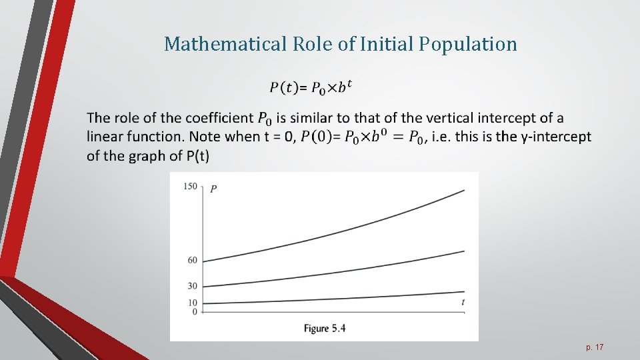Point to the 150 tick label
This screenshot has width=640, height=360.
(x=190, y=186)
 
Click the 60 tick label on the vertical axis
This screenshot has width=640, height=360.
(x=192, y=260)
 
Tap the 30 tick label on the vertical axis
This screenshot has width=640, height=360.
(x=192, y=286)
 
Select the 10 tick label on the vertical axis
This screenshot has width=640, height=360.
(x=192, y=303)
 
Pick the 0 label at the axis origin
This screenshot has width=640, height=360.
(x=195, y=311)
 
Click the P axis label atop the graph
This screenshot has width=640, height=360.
(x=213, y=189)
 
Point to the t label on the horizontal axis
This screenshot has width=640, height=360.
(x=463, y=303)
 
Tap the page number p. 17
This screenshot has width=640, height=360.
(x=595, y=347)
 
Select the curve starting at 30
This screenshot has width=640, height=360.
(x=333, y=273)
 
